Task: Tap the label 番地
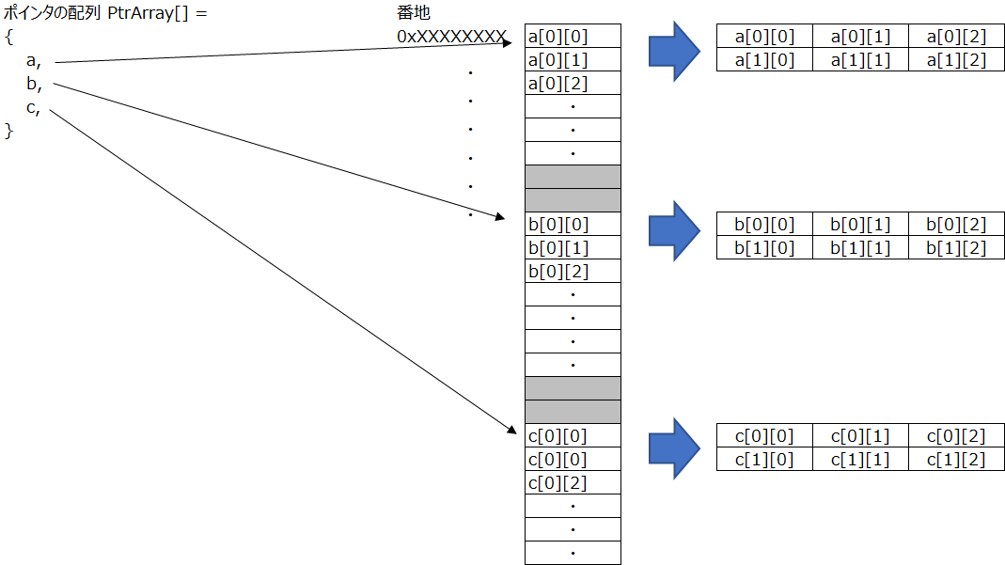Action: (414, 14)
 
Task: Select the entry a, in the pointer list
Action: (35, 60)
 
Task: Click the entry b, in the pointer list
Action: (35, 84)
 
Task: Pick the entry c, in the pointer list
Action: (33, 107)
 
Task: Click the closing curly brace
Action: (9, 131)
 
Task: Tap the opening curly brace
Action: (9, 37)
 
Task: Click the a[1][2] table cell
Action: (956, 60)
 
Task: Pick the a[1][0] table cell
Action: (764, 60)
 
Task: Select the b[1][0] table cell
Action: (764, 248)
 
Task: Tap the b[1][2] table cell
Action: (956, 248)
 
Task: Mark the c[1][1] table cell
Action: (860, 460)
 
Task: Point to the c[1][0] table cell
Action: (764, 460)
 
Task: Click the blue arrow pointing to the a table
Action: (674, 49)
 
